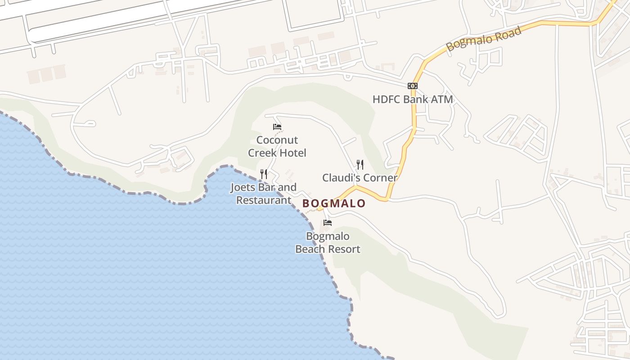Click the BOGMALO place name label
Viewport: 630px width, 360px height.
[x=334, y=203]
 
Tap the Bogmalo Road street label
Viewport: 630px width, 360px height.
[x=484, y=39]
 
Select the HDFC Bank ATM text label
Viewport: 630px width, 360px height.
[x=412, y=99]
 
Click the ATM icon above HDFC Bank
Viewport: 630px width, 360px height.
[x=412, y=86]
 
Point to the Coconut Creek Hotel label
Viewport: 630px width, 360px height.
[x=277, y=146]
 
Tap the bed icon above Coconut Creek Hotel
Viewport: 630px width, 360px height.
[x=277, y=127]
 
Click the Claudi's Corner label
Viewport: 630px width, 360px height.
[x=360, y=178]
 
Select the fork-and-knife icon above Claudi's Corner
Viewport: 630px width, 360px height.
[x=360, y=164]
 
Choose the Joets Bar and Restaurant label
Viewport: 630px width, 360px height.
[x=264, y=193]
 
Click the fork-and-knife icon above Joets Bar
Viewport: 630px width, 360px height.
[x=264, y=174]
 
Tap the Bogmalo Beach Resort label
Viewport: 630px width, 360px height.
[x=328, y=243]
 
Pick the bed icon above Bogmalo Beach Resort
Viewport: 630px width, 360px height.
[x=328, y=222]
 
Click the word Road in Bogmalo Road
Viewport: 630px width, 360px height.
[x=506, y=33]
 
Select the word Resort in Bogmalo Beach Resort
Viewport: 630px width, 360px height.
[x=344, y=249]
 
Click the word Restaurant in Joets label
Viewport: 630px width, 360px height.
[x=264, y=200]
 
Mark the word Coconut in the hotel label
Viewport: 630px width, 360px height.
[x=277, y=140]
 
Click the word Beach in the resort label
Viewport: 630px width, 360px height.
[x=310, y=249]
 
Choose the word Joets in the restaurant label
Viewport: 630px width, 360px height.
[x=244, y=187]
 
